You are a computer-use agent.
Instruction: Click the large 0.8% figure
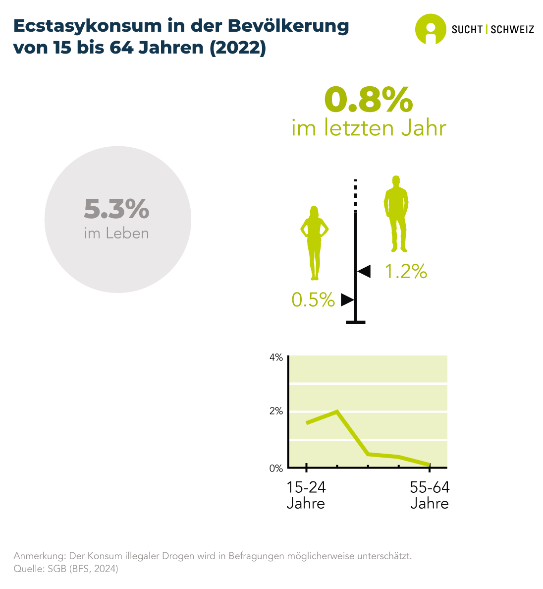tap(368, 100)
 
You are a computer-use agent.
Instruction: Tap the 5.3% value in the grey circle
tap(116, 209)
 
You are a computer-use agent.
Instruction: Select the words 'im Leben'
tap(116, 233)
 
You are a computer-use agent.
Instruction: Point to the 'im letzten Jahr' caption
tap(369, 128)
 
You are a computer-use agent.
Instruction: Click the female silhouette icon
tap(314, 242)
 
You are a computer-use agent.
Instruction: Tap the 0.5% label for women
tap(313, 299)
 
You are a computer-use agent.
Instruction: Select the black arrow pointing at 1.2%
tap(364, 271)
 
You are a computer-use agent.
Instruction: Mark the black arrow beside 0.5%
tap(347, 300)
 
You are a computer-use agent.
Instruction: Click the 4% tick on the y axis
tap(276, 357)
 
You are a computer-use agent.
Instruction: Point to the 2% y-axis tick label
tap(276, 411)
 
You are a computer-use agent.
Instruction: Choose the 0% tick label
tap(276, 468)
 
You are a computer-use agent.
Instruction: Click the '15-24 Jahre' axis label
tap(306, 495)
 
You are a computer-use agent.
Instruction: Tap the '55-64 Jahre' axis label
tap(430, 495)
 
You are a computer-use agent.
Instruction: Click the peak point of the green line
tap(337, 411)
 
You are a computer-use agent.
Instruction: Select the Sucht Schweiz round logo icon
tap(430, 29)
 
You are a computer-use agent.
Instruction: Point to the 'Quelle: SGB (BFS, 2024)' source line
tap(66, 569)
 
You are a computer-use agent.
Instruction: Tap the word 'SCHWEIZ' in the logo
tap(512, 29)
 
